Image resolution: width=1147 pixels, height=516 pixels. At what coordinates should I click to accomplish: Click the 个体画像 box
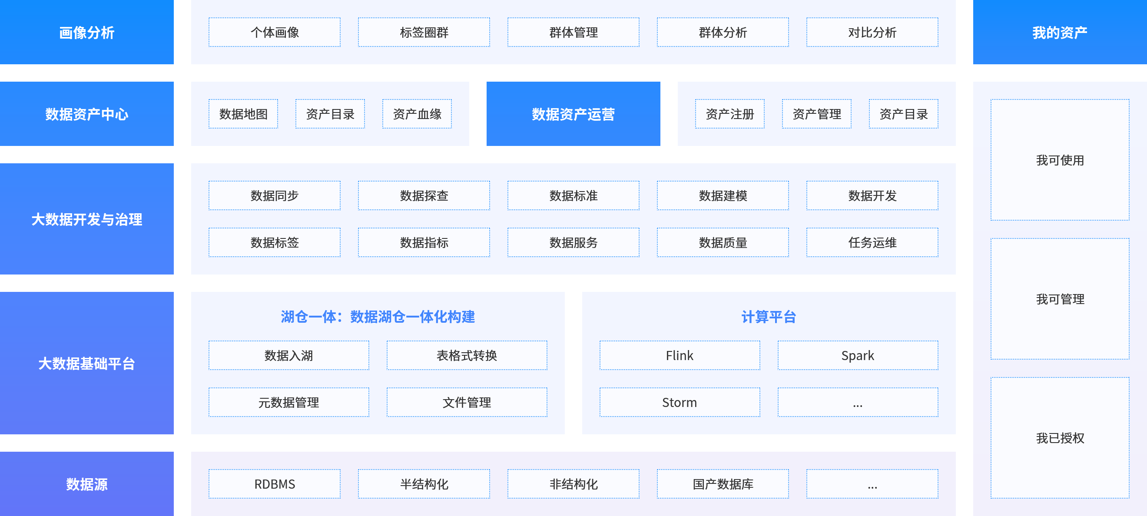[274, 32]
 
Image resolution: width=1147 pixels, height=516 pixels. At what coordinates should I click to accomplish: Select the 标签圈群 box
[424, 32]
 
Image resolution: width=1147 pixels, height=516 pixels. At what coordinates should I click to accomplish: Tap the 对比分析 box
[872, 32]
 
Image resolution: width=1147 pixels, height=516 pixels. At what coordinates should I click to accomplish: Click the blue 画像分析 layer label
[87, 32]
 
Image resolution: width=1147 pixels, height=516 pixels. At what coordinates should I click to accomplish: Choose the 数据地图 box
[243, 114]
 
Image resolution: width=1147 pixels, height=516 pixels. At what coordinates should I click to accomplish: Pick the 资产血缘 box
[417, 114]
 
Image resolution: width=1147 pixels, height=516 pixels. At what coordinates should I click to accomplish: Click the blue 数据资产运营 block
[573, 113]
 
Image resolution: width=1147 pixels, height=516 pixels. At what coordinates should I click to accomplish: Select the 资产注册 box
[730, 114]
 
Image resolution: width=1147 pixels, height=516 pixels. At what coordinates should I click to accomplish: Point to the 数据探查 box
[424, 195]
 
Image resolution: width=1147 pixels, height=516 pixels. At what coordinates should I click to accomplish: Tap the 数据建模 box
[723, 195]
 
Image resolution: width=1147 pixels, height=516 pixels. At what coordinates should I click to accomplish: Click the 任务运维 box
[872, 242]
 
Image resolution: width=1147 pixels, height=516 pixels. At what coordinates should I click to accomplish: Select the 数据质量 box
[723, 242]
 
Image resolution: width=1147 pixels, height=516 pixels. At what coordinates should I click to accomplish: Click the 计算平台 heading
[769, 317]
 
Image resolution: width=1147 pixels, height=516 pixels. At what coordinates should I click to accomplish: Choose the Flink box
[680, 355]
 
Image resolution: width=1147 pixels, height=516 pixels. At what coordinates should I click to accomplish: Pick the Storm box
[680, 402]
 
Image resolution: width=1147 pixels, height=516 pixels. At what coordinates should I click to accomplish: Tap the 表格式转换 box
[467, 355]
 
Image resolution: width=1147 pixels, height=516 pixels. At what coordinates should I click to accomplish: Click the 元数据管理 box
[288, 402]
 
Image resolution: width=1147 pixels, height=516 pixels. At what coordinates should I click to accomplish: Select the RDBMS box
[274, 483]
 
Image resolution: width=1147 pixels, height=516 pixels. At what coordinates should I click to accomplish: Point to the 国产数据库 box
[723, 483]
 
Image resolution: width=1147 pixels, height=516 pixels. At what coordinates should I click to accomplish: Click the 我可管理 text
[1060, 299]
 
